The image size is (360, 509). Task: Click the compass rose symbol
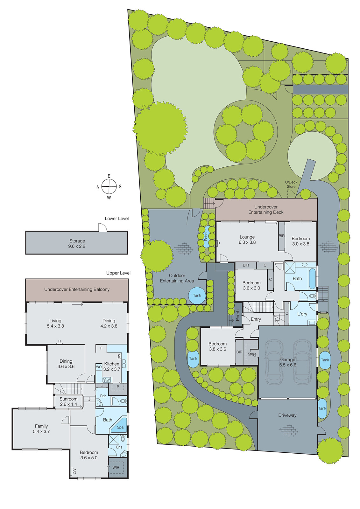(109, 186)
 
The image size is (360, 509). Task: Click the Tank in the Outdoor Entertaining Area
(197, 295)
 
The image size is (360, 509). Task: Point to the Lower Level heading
(117, 219)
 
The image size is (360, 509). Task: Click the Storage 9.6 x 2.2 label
(77, 244)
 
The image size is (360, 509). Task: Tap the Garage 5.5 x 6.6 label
(288, 362)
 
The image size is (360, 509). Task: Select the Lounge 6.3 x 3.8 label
(247, 240)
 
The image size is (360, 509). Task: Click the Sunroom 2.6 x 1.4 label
(68, 401)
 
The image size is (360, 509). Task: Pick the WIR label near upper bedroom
(116, 467)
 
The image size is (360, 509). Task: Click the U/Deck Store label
(291, 185)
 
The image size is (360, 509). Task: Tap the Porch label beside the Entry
(237, 315)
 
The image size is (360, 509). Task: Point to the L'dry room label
(302, 314)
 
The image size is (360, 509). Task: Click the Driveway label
(287, 415)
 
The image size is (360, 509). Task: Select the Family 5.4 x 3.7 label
(41, 429)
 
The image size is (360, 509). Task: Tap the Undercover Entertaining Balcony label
(77, 289)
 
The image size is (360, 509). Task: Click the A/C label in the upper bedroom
(74, 471)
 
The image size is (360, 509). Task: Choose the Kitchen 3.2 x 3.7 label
(112, 366)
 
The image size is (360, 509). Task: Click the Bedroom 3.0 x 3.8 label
(300, 241)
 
